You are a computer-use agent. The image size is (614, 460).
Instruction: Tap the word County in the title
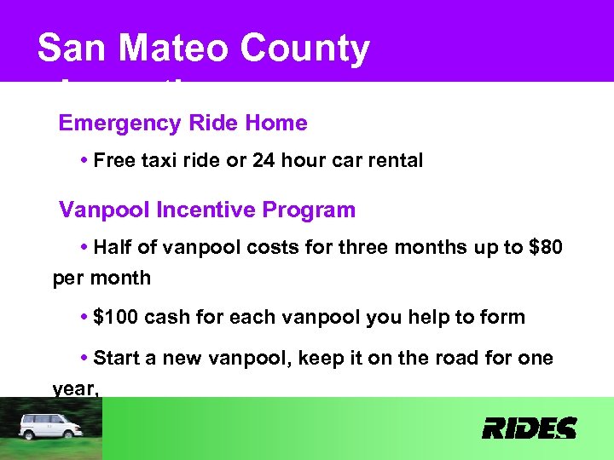point(304,50)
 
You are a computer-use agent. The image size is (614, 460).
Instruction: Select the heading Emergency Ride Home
point(182,124)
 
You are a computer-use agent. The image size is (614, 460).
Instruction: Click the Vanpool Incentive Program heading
point(207,210)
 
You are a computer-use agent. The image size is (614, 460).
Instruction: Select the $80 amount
point(546,248)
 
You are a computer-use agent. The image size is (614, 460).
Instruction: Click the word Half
point(114,248)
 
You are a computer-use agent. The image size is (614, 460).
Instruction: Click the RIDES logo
point(529,428)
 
